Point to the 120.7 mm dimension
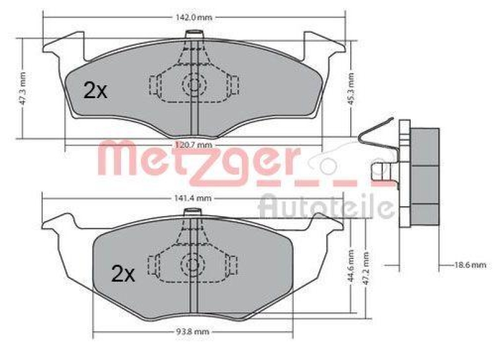194,144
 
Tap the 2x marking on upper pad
95,91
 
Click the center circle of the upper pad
195,85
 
